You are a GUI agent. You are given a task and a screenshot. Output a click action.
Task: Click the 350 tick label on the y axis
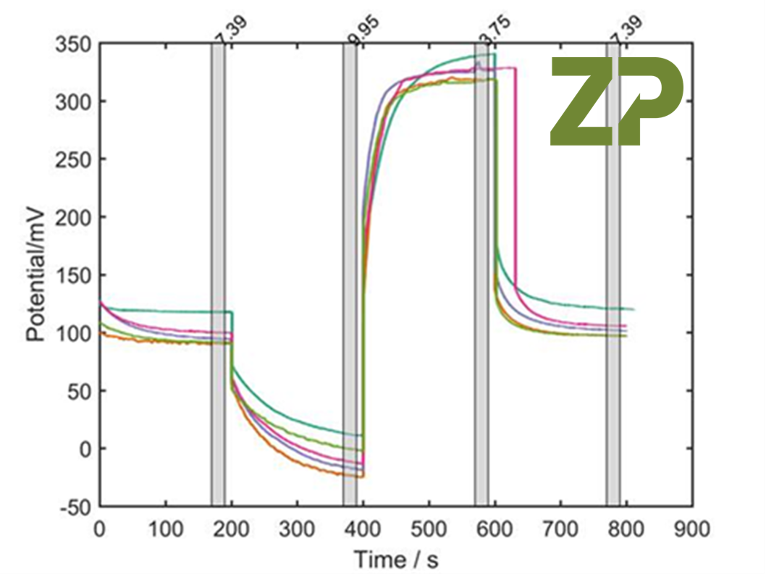74,44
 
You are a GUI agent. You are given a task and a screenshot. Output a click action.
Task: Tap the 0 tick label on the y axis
84,449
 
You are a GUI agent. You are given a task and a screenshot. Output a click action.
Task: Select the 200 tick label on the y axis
74,217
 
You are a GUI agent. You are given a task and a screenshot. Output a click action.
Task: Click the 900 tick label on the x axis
691,529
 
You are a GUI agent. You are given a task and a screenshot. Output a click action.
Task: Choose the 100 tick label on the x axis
166,529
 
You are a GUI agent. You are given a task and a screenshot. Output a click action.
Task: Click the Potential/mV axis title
37,275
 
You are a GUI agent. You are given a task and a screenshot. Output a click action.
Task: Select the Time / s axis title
395,559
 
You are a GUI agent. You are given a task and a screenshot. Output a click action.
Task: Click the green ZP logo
616,101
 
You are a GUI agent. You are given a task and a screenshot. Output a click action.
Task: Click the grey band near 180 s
218,275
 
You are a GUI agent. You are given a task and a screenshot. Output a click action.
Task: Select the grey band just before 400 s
350,275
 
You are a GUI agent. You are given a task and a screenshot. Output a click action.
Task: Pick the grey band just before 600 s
481,275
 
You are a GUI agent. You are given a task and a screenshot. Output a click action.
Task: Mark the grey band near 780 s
613,275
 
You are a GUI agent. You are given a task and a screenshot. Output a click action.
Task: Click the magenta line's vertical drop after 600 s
515,181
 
